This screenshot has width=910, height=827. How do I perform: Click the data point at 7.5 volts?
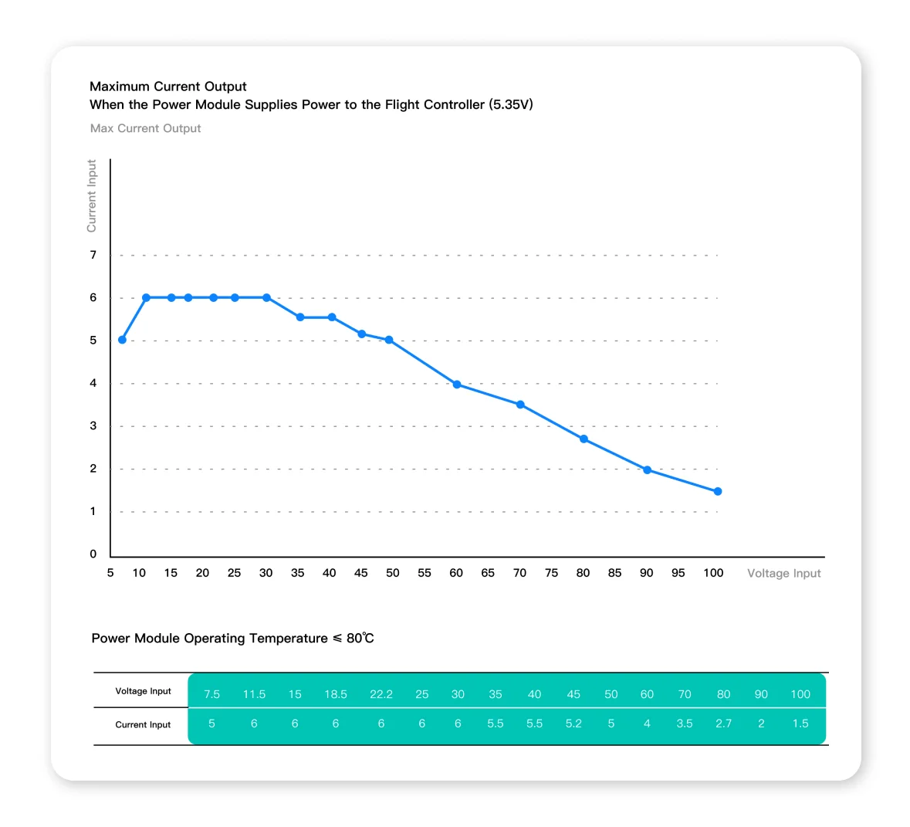(x=123, y=340)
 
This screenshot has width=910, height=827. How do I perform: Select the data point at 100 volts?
(x=718, y=491)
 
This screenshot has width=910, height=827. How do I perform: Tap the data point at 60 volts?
(x=457, y=385)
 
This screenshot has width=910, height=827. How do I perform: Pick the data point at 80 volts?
(x=584, y=439)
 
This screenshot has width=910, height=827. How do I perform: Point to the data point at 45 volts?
(x=361, y=334)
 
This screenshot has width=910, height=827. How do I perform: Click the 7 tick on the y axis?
(x=93, y=255)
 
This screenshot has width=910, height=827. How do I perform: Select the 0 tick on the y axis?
(x=93, y=554)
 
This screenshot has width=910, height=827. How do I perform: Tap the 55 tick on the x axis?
(x=425, y=573)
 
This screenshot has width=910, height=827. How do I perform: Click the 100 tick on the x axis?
(x=713, y=573)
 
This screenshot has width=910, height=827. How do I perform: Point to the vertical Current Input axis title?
(x=91, y=195)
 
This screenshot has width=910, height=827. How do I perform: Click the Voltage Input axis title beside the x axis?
(x=784, y=573)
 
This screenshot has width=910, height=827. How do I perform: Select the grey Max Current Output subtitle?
(x=146, y=128)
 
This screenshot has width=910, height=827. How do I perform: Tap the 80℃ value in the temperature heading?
(x=360, y=639)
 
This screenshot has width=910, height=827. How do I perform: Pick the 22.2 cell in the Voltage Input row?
(x=381, y=694)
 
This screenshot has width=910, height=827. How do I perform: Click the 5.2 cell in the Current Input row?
(x=573, y=724)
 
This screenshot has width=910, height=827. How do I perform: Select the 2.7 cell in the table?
(x=724, y=724)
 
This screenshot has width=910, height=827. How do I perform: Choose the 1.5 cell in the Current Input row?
(x=800, y=724)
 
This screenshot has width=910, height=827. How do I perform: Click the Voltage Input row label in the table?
(x=144, y=691)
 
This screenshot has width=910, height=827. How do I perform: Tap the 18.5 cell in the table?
(x=336, y=694)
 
